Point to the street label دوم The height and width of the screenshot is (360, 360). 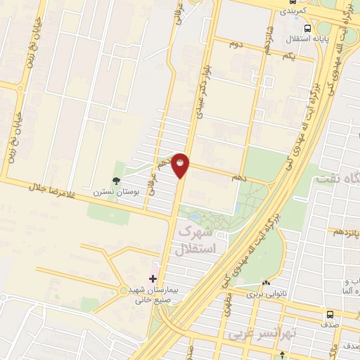pos(236,44)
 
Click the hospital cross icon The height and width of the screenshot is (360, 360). pos(154,278)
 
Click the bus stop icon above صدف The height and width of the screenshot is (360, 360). pos(330,316)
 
